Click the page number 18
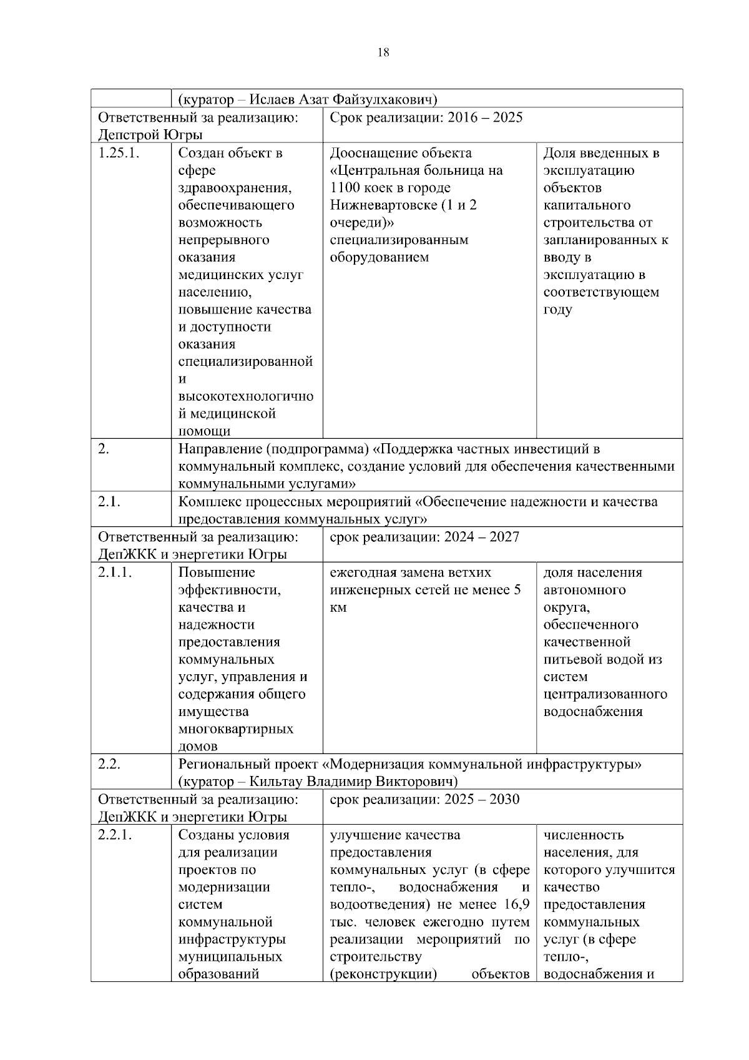click(x=383, y=53)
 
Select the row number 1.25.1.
click(x=116, y=154)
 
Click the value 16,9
click(x=516, y=905)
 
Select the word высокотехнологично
click(x=246, y=396)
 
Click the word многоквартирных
click(x=236, y=729)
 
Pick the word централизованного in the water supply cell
click(x=605, y=694)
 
